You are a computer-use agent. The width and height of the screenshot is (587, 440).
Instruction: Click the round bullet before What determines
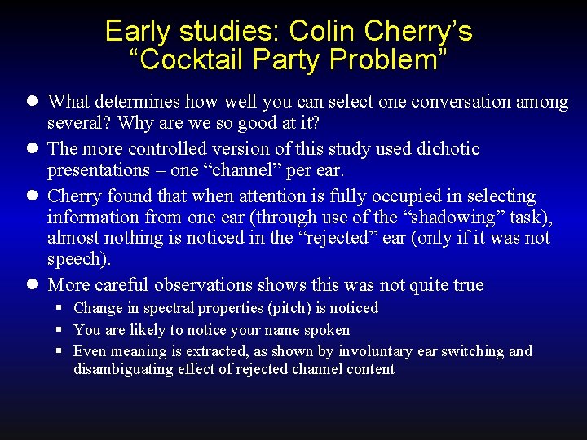(32, 102)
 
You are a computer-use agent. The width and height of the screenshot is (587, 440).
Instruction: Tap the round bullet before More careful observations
(32, 285)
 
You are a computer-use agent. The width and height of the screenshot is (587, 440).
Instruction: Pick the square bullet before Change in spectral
(60, 308)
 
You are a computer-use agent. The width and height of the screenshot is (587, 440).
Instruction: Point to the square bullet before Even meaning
(60, 351)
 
